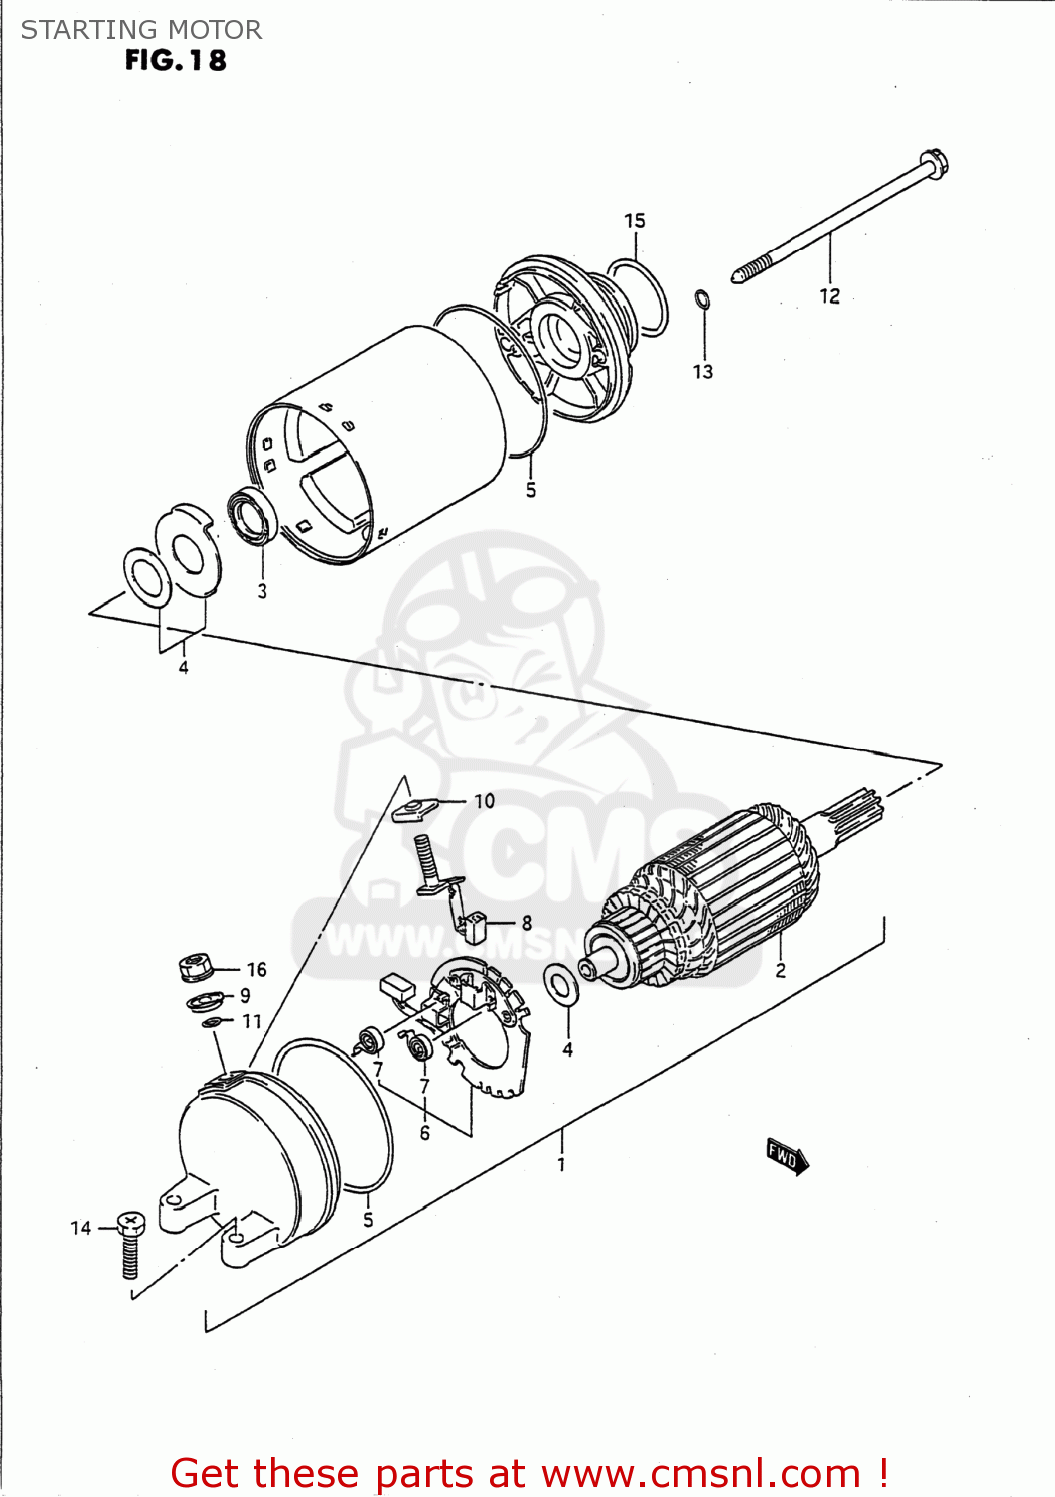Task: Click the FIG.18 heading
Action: pyautogui.click(x=175, y=61)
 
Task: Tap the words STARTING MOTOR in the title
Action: pyautogui.click(x=141, y=30)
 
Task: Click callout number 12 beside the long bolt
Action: pyautogui.click(x=829, y=296)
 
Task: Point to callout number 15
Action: pyautogui.click(x=635, y=221)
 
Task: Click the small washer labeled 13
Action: pyautogui.click(x=702, y=298)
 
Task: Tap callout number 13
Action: pyautogui.click(x=703, y=372)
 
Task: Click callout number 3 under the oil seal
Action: pyautogui.click(x=263, y=591)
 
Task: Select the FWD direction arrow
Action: pyautogui.click(x=788, y=1157)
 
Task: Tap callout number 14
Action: pyautogui.click(x=81, y=1228)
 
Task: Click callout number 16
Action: pyautogui.click(x=257, y=969)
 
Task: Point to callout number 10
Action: pyautogui.click(x=484, y=801)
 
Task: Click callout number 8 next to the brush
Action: pyautogui.click(x=526, y=923)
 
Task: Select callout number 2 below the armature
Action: pyautogui.click(x=780, y=970)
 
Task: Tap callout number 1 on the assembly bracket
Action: pyautogui.click(x=561, y=1164)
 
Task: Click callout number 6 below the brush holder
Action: pyautogui.click(x=424, y=1133)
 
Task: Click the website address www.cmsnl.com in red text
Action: pyautogui.click(x=701, y=1473)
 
